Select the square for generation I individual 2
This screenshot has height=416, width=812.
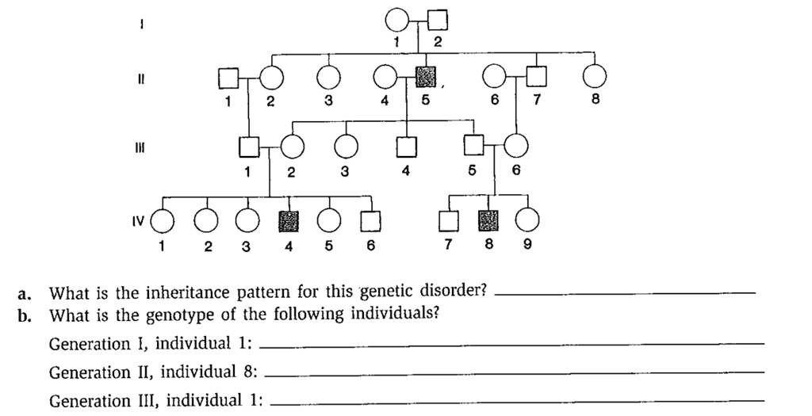[x=437, y=20]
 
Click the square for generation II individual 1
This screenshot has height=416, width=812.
[x=228, y=78]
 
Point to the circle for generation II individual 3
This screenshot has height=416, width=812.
[x=327, y=78]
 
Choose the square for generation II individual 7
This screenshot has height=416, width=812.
[x=538, y=77]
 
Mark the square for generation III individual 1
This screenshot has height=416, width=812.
[x=249, y=147]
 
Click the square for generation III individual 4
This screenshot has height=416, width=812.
[x=406, y=147]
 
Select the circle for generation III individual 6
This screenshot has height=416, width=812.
[x=516, y=146]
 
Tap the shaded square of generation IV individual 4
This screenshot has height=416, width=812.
[x=288, y=221]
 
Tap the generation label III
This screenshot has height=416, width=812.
[x=139, y=147]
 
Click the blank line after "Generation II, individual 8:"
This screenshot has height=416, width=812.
[x=515, y=372]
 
